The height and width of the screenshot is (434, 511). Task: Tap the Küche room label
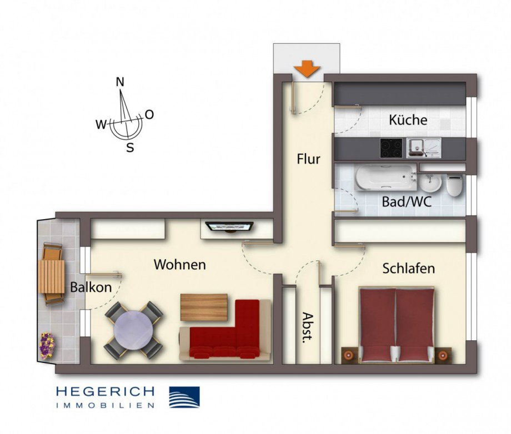[408, 120]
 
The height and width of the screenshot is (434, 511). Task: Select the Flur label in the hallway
[308, 159]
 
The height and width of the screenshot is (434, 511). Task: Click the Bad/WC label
[407, 201]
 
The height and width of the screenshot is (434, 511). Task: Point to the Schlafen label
[408, 269]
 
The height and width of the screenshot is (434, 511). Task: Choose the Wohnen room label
[179, 265]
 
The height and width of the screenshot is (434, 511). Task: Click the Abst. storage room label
[306, 328]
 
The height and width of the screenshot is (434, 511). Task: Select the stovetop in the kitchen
[391, 148]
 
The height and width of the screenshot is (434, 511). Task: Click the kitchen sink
[423, 148]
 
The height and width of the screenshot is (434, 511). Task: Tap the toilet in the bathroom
[454, 184]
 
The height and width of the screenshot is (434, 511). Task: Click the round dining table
[134, 330]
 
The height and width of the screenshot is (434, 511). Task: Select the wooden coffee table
[204, 307]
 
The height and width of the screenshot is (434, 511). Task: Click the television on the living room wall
[229, 226]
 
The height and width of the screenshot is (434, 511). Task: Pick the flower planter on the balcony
[47, 346]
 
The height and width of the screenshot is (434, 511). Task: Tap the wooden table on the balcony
[52, 276]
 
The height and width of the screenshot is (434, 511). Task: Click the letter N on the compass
[119, 82]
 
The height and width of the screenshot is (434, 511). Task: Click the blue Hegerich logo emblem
[184, 397]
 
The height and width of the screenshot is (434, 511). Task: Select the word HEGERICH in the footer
[105, 392]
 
